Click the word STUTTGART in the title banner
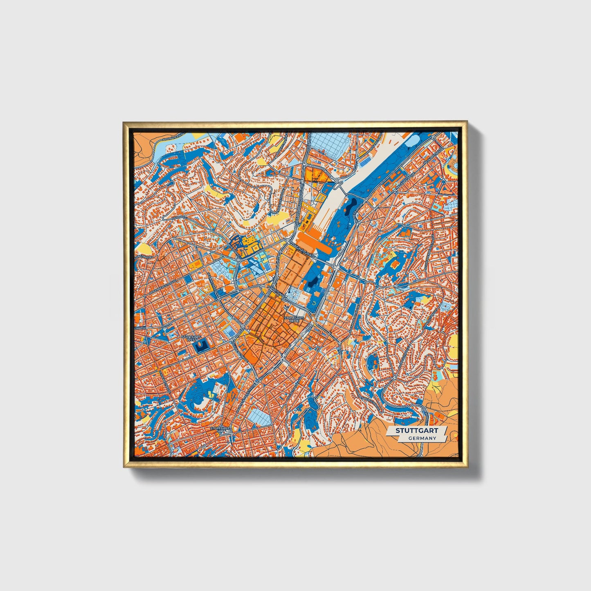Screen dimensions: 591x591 pos(416,431)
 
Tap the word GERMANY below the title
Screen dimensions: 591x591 pos(422,438)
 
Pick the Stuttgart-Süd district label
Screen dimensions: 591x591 pos(220,430)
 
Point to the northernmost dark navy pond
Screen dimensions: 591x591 pos(352,203)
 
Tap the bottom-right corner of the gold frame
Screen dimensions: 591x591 pos(467,467)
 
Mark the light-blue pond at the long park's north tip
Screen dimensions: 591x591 pos(412,141)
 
